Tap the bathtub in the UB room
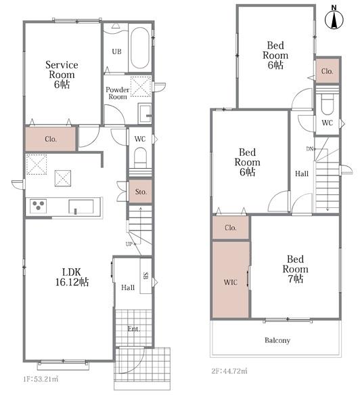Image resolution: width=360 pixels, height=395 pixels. [139, 47]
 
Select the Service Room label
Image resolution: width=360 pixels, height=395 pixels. [62, 75]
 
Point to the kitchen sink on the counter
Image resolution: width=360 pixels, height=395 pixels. [81, 207]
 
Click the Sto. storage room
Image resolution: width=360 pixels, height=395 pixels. [140, 192]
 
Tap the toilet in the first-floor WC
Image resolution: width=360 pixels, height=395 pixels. [140, 158]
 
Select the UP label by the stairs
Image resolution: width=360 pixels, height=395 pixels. [129, 244]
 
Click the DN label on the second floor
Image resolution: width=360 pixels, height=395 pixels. [309, 149]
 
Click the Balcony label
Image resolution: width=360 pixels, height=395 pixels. [277, 340]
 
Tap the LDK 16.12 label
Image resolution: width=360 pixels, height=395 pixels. [72, 277]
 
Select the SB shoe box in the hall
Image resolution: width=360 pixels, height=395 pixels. [146, 276]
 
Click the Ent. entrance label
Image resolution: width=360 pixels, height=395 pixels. [133, 329]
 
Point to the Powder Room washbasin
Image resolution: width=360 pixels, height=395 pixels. [145, 114]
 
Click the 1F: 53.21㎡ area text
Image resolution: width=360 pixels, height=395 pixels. [41, 379]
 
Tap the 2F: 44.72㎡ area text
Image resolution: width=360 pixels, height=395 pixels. [229, 371]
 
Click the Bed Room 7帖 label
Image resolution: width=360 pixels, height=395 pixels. [295, 269]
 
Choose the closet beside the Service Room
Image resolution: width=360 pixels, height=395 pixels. [50, 139]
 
